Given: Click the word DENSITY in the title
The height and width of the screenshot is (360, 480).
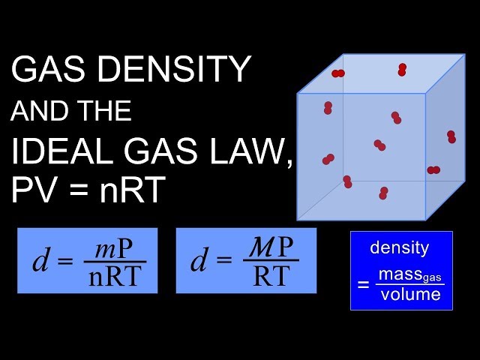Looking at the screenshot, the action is (175, 71).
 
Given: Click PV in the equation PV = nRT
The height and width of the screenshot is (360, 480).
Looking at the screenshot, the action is (31, 191).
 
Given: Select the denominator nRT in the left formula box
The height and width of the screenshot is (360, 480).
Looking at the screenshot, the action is (113, 277).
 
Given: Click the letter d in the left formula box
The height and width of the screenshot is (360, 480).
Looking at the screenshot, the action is (40, 261).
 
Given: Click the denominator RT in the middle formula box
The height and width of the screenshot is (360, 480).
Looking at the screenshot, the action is (270, 277).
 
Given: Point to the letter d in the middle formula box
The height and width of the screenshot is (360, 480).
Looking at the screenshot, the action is (198, 261).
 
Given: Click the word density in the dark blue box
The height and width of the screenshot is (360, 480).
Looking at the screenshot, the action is (400, 248).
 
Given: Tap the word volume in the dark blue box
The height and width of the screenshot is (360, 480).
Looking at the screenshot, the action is (410, 294).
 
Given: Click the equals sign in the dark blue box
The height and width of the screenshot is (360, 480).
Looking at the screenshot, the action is (364, 284).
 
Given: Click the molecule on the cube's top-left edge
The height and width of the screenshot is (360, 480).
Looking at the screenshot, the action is (338, 73).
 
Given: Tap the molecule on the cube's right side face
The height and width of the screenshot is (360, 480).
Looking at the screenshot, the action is (451, 136).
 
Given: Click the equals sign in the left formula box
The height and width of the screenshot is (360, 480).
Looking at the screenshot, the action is (65, 262).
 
